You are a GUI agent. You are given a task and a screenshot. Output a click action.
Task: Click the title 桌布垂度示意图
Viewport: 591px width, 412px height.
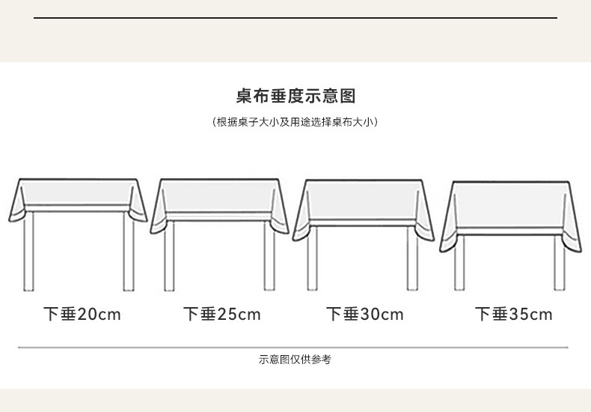tap(295, 97)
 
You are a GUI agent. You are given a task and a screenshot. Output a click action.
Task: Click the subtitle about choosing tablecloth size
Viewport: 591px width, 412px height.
tap(295, 122)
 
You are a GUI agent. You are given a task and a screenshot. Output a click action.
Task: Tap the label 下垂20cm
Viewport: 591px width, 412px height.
tap(82, 314)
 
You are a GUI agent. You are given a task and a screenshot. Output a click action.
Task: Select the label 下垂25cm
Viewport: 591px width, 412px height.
tap(222, 314)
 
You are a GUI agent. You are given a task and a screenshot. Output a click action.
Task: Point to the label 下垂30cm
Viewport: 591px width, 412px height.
tap(365, 314)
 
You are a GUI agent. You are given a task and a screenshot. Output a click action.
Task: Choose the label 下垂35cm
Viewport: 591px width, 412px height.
tap(514, 314)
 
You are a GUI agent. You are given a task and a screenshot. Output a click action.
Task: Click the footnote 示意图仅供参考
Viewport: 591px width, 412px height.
tap(295, 360)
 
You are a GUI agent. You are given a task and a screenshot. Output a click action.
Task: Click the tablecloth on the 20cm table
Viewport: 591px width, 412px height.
tap(79, 195)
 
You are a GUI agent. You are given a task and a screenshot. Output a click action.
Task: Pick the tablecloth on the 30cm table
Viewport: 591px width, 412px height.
tap(364, 202)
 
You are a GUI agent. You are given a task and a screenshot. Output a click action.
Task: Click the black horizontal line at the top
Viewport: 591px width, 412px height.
tap(295, 17)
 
